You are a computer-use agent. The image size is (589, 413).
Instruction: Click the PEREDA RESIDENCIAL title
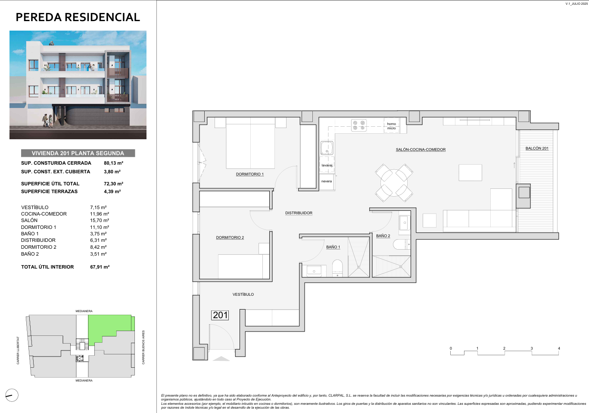click(78, 17)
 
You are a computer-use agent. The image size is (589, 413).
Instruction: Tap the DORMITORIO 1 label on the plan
click(249, 174)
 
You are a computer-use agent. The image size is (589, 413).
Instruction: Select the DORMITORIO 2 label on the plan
click(230, 238)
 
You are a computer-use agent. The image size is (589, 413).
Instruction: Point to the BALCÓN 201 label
click(537, 148)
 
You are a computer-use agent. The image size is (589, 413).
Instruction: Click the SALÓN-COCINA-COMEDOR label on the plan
click(421, 150)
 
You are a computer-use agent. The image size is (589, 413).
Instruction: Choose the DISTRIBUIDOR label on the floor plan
click(299, 213)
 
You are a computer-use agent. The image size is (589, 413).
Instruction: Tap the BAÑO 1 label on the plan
click(333, 247)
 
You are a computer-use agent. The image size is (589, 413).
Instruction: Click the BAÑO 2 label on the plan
click(383, 236)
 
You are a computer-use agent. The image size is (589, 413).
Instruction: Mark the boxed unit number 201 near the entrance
click(220, 315)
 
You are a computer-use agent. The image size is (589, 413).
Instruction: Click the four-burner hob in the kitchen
click(359, 125)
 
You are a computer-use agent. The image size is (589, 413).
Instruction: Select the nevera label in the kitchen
click(327, 181)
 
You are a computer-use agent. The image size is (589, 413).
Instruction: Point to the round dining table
click(394, 183)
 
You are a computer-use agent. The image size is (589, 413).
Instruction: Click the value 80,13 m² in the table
click(113, 163)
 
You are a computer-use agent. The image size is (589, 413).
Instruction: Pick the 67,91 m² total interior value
click(100, 267)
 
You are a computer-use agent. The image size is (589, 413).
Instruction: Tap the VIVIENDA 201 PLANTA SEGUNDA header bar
click(78, 153)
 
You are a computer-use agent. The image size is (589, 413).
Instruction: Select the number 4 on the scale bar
click(559, 348)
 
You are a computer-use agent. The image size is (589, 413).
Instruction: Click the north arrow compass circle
click(12, 395)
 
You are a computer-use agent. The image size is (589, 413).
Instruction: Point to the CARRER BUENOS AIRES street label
click(143, 347)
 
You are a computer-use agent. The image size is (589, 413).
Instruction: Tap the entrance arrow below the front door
click(221, 358)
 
